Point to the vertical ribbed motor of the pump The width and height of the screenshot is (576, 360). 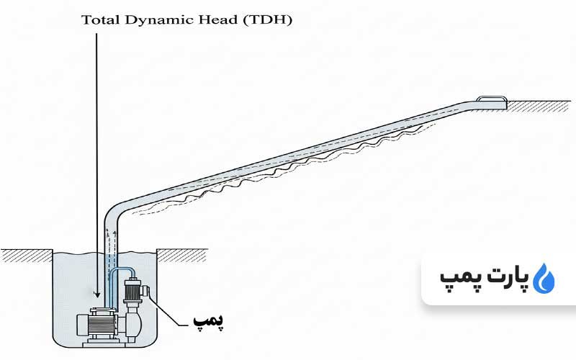click(132, 292)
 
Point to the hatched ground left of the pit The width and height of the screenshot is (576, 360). click(25, 253)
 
